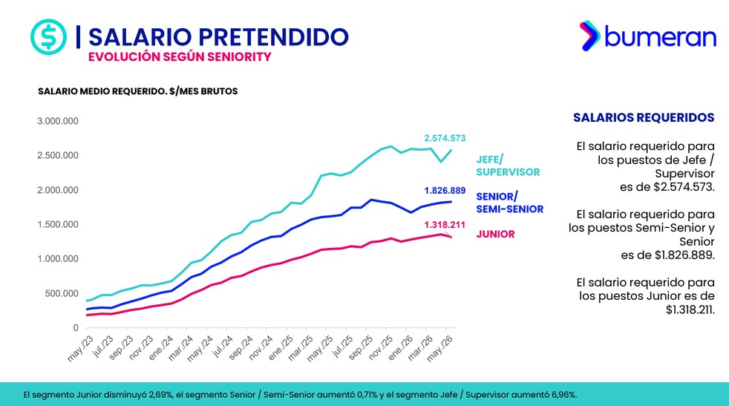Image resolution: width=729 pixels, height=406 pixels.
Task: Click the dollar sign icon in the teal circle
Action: point(48,36)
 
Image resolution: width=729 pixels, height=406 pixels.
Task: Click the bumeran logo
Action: point(647,36)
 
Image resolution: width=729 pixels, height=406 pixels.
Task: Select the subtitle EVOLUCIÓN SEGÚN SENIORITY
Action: point(180,56)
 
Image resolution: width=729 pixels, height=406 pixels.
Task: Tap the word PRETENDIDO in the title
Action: point(275,36)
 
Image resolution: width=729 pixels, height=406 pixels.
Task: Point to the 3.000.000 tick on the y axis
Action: point(58,121)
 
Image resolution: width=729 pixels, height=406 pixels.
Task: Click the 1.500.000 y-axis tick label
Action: point(58,225)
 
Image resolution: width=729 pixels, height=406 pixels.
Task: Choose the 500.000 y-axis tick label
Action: point(62,293)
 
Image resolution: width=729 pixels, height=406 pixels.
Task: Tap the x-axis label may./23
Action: point(80,348)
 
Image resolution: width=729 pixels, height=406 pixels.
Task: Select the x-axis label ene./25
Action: point(281,348)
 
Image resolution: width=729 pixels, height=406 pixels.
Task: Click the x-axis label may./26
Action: point(439,348)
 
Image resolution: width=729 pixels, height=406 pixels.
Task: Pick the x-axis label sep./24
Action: point(241,348)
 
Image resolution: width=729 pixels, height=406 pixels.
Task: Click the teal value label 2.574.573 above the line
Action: point(445,138)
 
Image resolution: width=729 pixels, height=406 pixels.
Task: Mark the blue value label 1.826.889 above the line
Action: point(445,191)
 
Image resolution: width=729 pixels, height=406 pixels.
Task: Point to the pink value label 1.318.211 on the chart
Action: point(445,225)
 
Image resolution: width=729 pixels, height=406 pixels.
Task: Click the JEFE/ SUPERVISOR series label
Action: point(508,166)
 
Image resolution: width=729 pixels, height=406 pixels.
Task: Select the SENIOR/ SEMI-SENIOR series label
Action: point(509,203)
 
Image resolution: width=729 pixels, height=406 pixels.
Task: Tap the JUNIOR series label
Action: point(495,234)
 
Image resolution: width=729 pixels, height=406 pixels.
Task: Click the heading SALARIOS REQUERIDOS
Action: point(644,117)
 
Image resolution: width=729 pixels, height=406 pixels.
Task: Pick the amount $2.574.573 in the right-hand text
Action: point(684,187)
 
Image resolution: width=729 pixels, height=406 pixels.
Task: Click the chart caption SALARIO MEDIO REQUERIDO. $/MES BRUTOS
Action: point(137,91)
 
